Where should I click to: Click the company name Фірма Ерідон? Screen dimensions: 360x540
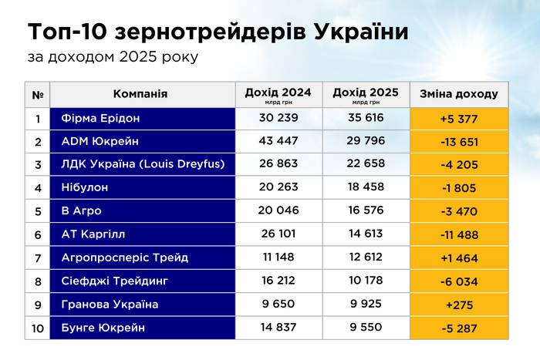100,119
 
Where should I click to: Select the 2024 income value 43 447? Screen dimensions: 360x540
278,142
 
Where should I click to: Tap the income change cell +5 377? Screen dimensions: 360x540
459,119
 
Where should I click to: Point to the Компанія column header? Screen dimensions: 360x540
140,94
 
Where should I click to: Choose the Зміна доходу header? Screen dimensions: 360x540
459,94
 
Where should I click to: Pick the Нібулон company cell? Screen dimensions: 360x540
86,188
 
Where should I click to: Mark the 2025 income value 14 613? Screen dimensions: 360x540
366,234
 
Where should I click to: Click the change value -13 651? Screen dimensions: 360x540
459,142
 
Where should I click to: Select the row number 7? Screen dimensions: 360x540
37,257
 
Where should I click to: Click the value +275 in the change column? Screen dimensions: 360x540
459,304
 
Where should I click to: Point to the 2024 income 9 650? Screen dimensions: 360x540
278,304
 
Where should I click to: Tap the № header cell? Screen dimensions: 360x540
37,94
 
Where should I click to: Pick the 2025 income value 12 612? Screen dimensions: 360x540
366,257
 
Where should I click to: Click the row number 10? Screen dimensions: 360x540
37,328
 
